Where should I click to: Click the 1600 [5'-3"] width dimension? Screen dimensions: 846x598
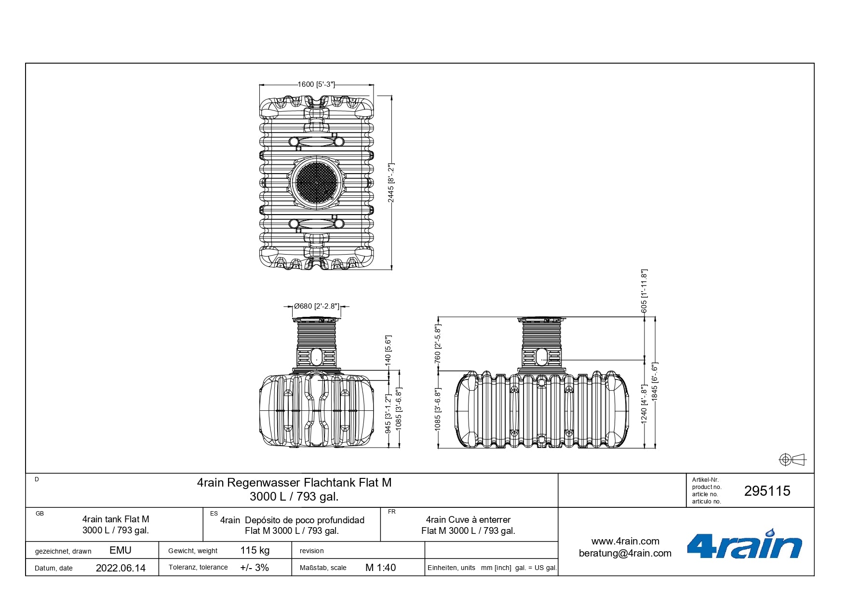(316, 84)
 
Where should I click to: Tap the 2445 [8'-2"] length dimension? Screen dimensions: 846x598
(391, 183)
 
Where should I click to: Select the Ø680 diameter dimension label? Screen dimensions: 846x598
(317, 306)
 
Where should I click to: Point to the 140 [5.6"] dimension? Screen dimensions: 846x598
(388, 350)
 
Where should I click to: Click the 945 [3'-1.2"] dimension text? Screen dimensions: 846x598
(388, 414)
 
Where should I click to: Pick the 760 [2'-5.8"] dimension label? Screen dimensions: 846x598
(438, 344)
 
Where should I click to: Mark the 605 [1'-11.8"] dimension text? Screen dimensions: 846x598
(645, 291)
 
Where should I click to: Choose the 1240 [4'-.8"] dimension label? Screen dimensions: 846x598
(644, 404)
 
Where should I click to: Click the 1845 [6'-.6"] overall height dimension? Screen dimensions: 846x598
(655, 381)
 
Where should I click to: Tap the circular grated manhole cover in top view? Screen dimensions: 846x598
(317, 183)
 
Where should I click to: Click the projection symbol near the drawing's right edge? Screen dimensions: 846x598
(792, 460)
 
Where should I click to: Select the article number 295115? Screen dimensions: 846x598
(767, 491)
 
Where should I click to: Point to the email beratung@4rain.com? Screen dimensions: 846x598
(625, 553)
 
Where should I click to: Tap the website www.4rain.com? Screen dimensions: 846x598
(625, 541)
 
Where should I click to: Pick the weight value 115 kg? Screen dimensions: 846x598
(255, 550)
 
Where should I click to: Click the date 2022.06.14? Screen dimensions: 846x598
(121, 568)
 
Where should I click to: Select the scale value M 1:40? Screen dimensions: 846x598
(380, 568)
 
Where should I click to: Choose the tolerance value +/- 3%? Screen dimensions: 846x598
(255, 568)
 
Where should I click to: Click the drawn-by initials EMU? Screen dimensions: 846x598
(121, 550)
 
